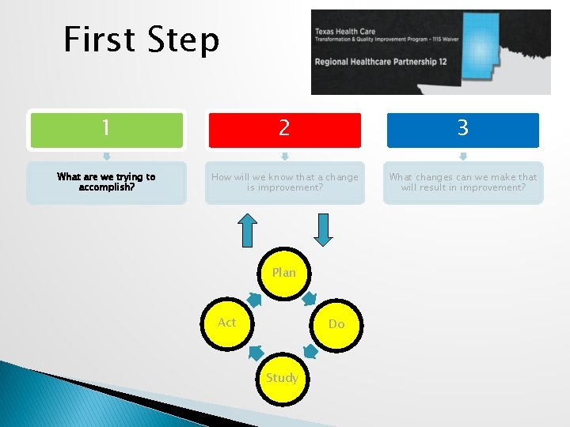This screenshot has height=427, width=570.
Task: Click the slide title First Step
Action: [141, 40]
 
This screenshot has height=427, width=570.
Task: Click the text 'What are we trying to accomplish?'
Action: [107, 183]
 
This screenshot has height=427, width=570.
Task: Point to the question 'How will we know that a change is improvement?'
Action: [284, 183]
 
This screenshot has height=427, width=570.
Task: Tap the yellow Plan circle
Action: [284, 273]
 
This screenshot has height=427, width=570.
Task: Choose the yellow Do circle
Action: [336, 323]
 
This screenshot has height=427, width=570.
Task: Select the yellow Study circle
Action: [282, 378]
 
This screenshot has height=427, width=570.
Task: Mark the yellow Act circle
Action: [227, 323]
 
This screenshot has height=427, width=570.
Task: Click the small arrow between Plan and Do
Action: [311, 298]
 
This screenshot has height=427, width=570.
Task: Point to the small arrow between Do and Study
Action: [311, 350]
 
